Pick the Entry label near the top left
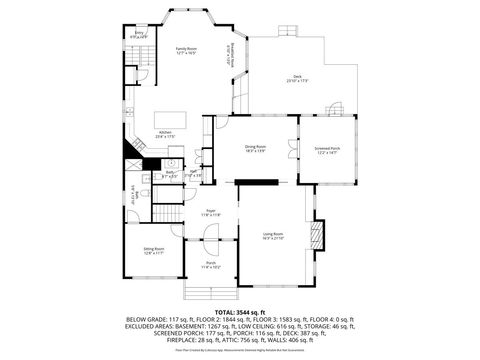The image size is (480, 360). (x=140, y=35)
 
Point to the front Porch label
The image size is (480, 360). (x=211, y=266)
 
